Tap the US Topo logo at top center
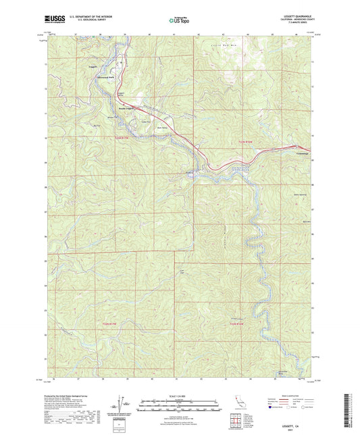pyautogui.click(x=178, y=20)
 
